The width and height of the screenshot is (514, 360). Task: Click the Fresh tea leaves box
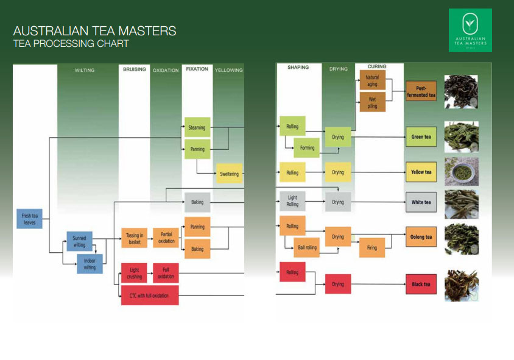(x=29, y=219)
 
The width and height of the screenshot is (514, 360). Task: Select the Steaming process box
(x=197, y=128)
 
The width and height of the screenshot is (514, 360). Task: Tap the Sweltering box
(x=229, y=174)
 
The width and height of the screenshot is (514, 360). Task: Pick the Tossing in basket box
(x=135, y=238)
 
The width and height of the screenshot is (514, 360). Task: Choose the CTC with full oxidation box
(x=150, y=295)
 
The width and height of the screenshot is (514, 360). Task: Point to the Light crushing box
(x=135, y=274)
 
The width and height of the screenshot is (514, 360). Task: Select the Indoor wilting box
(x=90, y=264)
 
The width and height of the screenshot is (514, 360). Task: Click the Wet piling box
(x=372, y=102)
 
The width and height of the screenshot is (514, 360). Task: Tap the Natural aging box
(x=372, y=81)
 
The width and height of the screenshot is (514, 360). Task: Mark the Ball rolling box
(x=306, y=248)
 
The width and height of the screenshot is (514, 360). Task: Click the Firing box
(x=372, y=248)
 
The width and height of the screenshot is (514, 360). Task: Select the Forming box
(x=307, y=148)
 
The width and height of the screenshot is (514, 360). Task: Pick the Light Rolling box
(x=292, y=202)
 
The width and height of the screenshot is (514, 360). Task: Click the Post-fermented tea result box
(x=421, y=91)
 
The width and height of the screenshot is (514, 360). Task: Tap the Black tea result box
(x=421, y=284)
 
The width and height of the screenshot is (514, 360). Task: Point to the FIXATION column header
(x=197, y=69)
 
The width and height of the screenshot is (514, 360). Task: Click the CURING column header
(x=377, y=66)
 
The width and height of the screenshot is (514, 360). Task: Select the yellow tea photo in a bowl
(x=461, y=172)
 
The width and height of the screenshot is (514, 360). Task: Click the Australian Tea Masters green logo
(x=470, y=30)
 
